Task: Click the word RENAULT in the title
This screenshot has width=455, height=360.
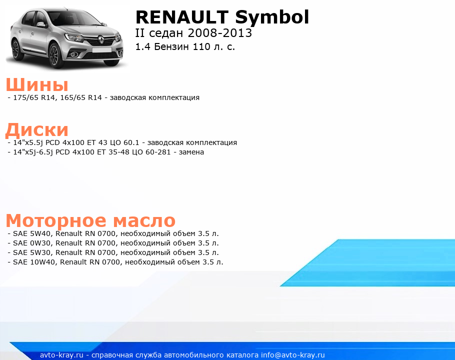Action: tap(182, 17)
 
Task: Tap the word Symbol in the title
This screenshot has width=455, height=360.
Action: tap(272, 18)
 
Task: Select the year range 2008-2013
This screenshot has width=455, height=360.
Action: tap(220, 33)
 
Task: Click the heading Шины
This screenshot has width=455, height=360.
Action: tap(37, 84)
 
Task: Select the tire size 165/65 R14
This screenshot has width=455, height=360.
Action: tap(81, 97)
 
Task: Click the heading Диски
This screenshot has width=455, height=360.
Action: tap(37, 130)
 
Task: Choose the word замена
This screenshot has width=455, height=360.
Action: tap(191, 152)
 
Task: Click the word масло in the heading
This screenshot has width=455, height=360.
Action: tap(144, 220)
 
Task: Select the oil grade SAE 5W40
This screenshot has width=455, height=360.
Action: tap(32, 233)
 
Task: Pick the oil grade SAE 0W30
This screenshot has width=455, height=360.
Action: tap(32, 243)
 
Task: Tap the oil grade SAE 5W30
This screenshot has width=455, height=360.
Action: tap(32, 252)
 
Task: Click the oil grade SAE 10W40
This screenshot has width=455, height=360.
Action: tap(34, 262)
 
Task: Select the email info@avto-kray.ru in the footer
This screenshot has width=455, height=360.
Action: tap(293, 355)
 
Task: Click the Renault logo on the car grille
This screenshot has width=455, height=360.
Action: tap(100, 39)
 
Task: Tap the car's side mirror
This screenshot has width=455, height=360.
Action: tap(41, 25)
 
